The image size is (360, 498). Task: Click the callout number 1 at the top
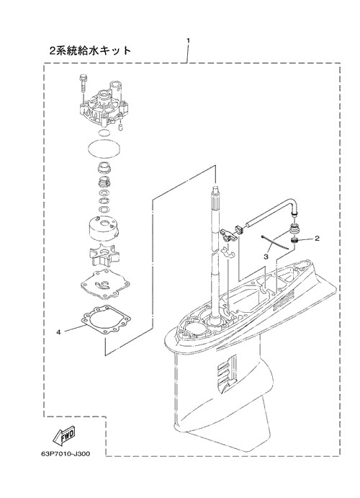pyautogui.click(x=188, y=40)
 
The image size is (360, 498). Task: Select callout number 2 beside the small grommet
pyautogui.click(x=317, y=238)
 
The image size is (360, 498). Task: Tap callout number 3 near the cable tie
pyautogui.click(x=266, y=256)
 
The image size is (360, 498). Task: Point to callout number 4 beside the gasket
pyautogui.click(x=58, y=332)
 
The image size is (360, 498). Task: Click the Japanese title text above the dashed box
pyautogui.click(x=91, y=50)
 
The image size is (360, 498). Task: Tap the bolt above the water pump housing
pyautogui.click(x=83, y=84)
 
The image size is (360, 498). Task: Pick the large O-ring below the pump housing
pyautogui.click(x=104, y=148)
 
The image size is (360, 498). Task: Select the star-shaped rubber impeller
pyautogui.click(x=102, y=255)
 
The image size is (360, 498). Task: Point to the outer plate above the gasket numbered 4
pyautogui.click(x=104, y=284)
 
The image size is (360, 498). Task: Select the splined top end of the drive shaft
pyautogui.click(x=215, y=197)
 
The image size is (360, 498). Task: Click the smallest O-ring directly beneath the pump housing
pyautogui.click(x=102, y=133)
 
